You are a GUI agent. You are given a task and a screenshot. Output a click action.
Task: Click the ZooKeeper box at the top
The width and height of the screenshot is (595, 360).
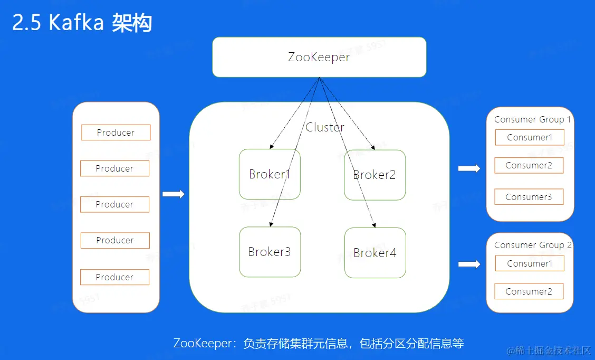[319, 57]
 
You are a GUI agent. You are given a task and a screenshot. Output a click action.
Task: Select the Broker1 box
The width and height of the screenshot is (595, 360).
[270, 174]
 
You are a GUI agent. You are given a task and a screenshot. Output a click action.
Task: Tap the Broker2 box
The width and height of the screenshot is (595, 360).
[375, 175]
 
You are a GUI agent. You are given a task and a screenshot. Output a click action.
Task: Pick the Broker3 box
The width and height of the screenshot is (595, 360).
[270, 252]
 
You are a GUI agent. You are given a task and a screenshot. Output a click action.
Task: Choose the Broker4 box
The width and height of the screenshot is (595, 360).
[375, 253]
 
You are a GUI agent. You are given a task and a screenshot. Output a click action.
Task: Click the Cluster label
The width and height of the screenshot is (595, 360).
[325, 127]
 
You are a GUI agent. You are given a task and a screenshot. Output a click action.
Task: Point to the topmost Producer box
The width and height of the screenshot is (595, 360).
[116, 132]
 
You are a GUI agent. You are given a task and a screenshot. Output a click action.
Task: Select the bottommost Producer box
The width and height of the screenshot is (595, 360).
[114, 277]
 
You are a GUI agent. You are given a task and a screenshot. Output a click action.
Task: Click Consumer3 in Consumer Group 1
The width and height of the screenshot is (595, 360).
[529, 197]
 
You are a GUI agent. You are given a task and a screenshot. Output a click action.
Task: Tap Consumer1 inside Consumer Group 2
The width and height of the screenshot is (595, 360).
[530, 263]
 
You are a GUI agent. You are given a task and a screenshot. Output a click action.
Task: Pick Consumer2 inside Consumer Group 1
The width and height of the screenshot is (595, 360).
[529, 165]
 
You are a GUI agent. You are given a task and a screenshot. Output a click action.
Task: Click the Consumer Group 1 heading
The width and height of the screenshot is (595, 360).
[532, 119]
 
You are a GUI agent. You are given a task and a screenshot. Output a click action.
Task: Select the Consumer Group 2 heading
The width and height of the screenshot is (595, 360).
[532, 245]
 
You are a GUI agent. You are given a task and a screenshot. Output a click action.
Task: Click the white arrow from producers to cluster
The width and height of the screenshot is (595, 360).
[173, 194]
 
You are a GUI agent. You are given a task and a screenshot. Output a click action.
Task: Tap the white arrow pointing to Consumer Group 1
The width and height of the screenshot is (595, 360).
[469, 168]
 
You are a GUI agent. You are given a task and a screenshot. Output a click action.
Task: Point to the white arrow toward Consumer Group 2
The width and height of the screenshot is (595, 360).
[469, 264]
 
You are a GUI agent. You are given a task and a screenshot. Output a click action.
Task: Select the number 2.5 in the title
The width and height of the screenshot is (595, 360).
[26, 23]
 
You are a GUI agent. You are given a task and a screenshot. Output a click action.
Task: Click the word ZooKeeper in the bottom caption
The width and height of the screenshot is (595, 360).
[202, 343]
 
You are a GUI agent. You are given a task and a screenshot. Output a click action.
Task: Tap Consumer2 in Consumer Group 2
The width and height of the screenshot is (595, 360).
[529, 291]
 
